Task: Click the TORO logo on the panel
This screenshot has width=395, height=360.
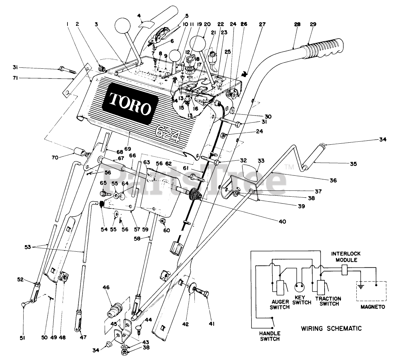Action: pos(130,103)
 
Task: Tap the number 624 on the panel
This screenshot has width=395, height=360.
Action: pos(168,134)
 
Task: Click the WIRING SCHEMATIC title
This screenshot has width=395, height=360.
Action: pos(331,329)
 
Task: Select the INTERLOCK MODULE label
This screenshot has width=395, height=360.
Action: pos(346,257)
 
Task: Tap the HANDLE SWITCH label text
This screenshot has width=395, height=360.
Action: pos(270,336)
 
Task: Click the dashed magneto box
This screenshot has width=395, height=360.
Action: pos(371,291)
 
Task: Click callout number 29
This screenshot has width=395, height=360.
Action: pos(313,24)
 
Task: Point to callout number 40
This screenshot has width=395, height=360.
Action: pos(282,222)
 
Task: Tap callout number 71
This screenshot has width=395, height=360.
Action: pos(15,78)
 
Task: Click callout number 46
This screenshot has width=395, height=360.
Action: pos(106,287)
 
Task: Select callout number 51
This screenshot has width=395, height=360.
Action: pos(22,338)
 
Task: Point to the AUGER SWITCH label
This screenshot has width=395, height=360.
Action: pos(279,304)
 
